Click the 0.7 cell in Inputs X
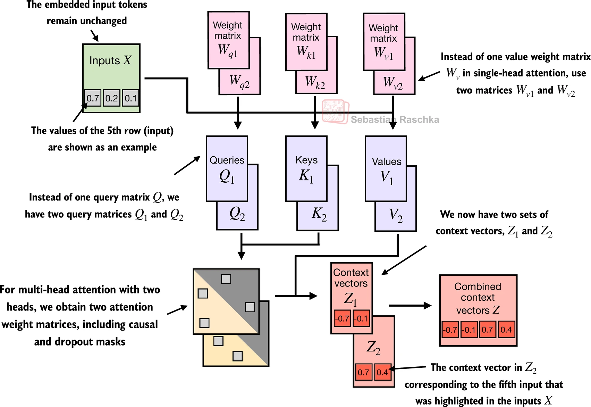(93, 98)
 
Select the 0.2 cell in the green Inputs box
(112, 98)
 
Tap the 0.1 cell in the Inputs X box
(131, 98)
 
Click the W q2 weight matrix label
(239, 82)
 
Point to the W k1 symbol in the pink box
(306, 52)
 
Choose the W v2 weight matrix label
(393, 83)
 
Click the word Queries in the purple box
(227, 160)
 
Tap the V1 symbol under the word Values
(387, 177)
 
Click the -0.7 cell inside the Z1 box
(342, 318)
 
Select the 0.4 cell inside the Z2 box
(382, 372)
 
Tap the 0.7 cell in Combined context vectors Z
(487, 330)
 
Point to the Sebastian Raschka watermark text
(395, 120)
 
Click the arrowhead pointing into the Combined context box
(428, 306)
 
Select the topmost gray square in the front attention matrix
(226, 279)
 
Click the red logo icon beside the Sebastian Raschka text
(335, 111)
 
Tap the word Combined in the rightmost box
(478, 286)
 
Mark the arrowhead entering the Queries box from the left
(197, 159)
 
